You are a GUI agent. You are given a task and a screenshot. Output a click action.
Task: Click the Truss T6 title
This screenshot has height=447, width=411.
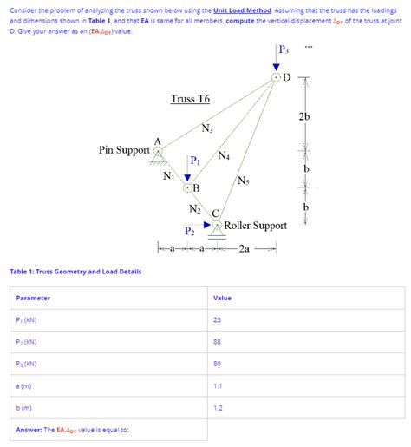[x=190, y=99]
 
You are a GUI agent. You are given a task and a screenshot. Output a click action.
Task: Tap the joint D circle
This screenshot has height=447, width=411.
[x=277, y=77]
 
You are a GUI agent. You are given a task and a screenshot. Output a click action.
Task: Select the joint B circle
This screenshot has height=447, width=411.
[x=187, y=187]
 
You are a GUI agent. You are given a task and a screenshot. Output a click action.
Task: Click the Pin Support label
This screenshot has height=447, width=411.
[x=123, y=150]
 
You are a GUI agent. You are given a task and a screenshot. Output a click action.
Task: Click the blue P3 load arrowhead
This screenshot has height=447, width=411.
[x=277, y=67]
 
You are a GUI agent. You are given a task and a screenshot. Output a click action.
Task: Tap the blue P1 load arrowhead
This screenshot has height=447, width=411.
[x=187, y=177]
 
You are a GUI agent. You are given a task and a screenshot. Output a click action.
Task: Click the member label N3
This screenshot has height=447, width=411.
[x=206, y=130]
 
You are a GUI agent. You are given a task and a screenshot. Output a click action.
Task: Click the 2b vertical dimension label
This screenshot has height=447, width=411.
[x=304, y=117]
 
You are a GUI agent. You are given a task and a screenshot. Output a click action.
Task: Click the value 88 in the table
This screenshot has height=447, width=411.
[x=217, y=342]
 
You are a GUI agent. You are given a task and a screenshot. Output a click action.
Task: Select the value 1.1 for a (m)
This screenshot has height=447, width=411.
[x=217, y=385]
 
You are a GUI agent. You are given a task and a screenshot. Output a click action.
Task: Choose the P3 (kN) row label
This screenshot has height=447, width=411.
[x=26, y=364]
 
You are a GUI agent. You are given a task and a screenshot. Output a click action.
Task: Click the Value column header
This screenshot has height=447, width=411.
[x=222, y=298]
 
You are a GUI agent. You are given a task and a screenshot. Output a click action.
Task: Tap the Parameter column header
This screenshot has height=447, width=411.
[x=33, y=298]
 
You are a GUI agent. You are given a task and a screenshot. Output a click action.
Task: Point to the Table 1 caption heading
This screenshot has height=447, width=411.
[x=75, y=272]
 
